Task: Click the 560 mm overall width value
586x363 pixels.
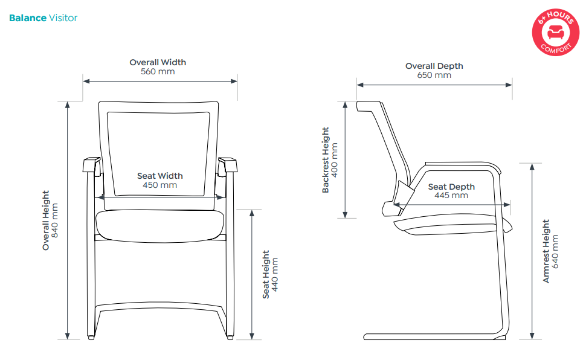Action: tap(158, 72)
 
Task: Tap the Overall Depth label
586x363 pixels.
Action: tap(434, 66)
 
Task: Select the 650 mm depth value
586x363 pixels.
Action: tap(434, 75)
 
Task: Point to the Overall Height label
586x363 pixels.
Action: tap(46, 220)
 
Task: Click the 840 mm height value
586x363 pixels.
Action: tap(56, 220)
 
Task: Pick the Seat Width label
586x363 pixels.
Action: tap(159, 176)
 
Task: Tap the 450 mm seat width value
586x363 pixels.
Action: tap(159, 185)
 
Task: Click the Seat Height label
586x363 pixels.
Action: tap(266, 275)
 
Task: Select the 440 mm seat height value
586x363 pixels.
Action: tap(275, 275)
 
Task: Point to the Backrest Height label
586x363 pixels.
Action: tap(326, 160)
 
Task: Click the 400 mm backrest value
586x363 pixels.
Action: tap(335, 160)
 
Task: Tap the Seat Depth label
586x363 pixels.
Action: tap(451, 187)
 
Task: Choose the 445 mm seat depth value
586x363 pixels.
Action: tap(451, 196)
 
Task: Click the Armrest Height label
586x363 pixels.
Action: tap(546, 251)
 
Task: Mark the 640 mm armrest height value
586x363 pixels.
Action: tap(556, 251)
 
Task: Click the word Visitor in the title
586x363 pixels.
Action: tap(63, 18)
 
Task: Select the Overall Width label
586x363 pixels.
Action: tap(158, 62)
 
